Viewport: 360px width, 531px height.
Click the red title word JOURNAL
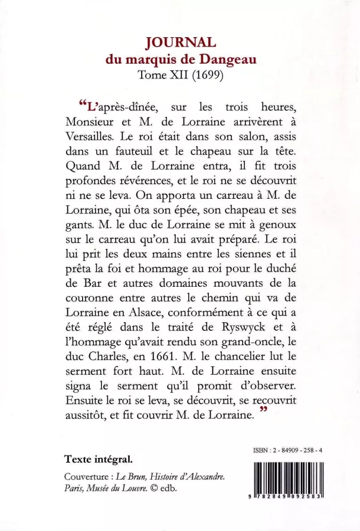point(181,42)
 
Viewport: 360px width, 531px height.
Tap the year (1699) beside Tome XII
point(204,75)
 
